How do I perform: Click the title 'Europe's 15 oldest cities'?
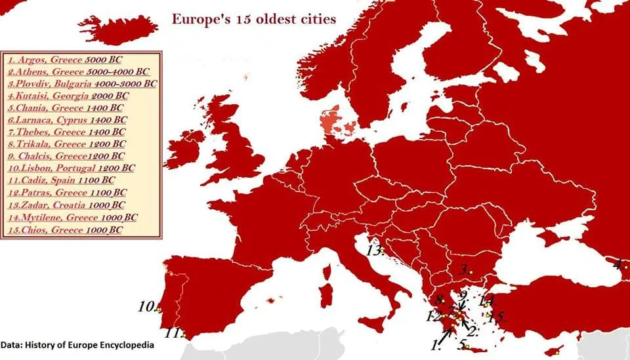click(254, 18)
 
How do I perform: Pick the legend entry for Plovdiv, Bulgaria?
click(83, 83)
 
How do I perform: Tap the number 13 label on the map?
click(373, 250)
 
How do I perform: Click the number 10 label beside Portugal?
click(146, 306)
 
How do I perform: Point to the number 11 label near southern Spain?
click(173, 332)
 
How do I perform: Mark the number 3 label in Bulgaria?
click(463, 269)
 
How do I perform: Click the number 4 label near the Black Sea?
click(618, 265)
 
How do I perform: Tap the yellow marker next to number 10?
click(159, 310)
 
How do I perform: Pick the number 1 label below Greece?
click(434, 343)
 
